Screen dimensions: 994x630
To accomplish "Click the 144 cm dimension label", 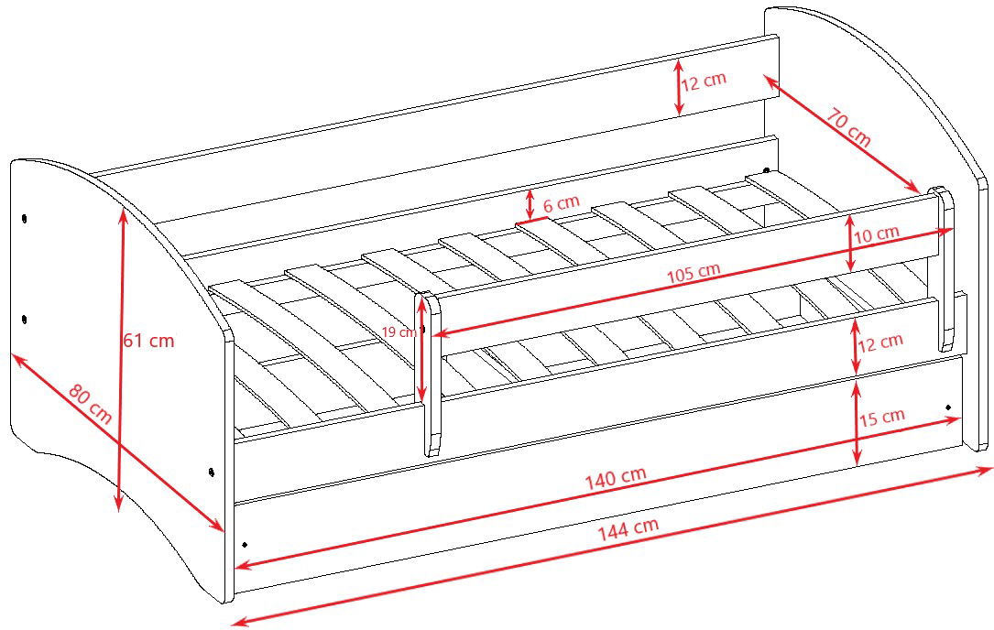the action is coord(628,529).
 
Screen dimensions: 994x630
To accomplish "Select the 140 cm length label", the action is coord(615,477).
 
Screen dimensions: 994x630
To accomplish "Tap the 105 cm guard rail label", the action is coord(694,273).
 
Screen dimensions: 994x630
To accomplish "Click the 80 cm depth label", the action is coord(91,404).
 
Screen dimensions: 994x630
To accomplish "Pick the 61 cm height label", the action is coord(148,341).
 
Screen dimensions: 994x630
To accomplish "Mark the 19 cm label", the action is coord(399,331).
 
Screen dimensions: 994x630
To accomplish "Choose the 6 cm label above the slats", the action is coord(561,203).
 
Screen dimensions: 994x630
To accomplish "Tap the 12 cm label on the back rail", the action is coord(704,81).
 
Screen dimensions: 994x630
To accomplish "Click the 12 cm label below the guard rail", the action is coord(879,342).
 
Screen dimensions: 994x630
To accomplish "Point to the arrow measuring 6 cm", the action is coord(530,204).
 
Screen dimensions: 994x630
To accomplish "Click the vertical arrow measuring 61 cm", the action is coord(120,359).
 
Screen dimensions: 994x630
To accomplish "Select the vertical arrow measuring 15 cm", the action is coord(857,422).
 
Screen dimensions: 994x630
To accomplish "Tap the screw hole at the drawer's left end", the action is coord(245,545).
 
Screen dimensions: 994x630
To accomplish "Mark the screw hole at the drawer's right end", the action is coord(949,407).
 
